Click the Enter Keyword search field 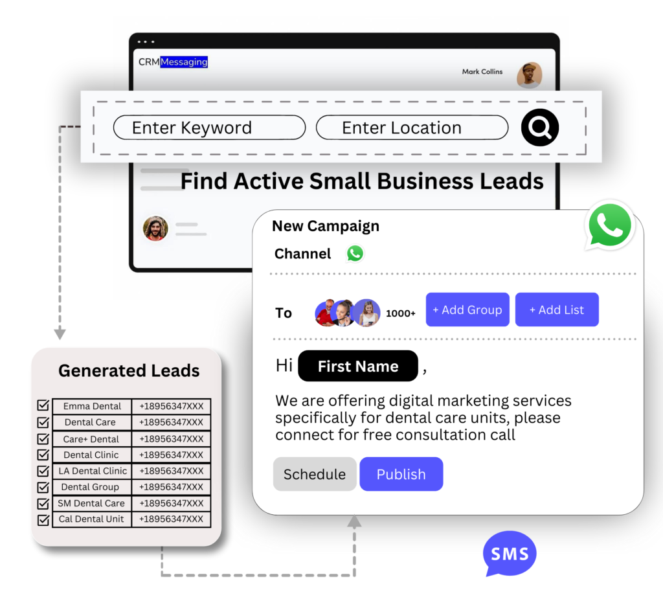coord(209,128)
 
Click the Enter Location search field coord(412,128)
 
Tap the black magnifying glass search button coord(540,128)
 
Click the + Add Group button coord(467,310)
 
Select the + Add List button coord(557,310)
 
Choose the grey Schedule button coord(315,474)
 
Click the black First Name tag coord(358,366)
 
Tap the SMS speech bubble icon coord(510,553)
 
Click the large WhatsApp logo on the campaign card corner coord(610,225)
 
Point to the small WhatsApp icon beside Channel coord(355,253)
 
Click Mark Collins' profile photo coord(530,75)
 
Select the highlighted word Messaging coord(184,62)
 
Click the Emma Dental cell coord(92,406)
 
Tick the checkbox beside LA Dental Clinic coord(43,471)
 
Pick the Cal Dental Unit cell coord(91,519)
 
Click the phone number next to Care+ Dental coord(171,439)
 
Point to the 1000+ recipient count coord(400,313)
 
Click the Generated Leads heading coord(129,370)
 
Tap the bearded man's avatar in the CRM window coord(155,229)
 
